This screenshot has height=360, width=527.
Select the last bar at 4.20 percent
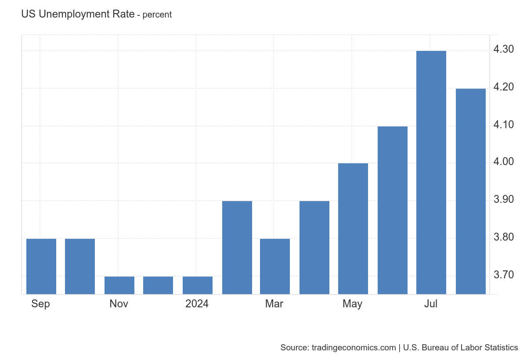pos(470,191)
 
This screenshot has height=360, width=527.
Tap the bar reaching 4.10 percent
pos(392,210)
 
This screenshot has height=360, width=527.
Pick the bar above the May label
pos(353,228)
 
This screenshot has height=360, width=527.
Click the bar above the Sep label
pos(41,266)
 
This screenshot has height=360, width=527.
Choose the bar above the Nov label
pos(119,285)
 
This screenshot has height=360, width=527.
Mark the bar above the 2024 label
pos(197,285)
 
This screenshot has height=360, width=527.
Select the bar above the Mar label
pos(274,266)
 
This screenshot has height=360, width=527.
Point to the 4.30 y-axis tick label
pos(504,49)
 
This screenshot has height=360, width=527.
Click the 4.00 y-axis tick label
pos(504,162)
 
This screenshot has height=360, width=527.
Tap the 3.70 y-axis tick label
pos(504,275)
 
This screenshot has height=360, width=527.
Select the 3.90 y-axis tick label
pos(504,200)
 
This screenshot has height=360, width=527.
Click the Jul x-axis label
pos(430,304)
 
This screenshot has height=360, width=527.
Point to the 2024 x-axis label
pos(197,304)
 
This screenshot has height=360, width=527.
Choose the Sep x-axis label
pos(40,304)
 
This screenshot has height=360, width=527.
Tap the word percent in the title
pos(157,15)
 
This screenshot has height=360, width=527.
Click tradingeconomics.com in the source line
pos(354,348)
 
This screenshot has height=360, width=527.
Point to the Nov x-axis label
pos(119,304)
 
